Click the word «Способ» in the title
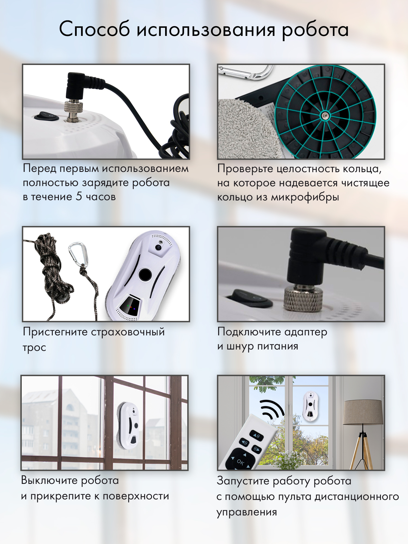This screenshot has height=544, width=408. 94,29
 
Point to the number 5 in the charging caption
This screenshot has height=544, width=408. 79,196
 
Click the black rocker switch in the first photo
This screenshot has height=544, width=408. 47,116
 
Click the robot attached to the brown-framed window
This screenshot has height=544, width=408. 128,426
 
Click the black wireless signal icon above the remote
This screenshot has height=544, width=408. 272,409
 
